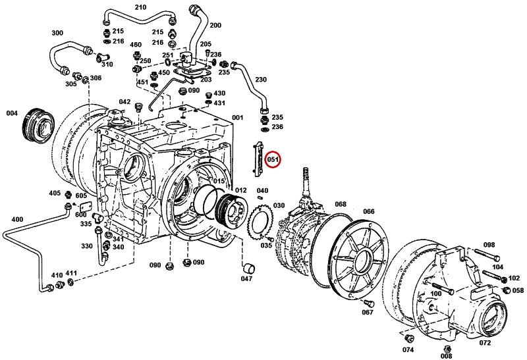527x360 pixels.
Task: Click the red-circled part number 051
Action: pos(273,159)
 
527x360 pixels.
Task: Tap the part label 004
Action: pos(12,113)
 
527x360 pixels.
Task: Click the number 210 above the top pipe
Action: pos(140,7)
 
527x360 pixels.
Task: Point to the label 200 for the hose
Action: pos(215,26)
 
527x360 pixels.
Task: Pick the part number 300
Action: pos(57,33)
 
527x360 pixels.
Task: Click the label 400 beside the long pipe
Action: pos(17,219)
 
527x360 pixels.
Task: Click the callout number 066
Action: pos(369,211)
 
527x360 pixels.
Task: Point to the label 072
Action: pos(485,343)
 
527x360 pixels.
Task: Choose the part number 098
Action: pos(488,245)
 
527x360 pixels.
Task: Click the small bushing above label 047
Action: pos(248,267)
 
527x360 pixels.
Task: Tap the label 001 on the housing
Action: pos(237,118)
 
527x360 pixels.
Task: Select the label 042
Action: pos(125,102)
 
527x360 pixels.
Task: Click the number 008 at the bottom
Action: pos(447,355)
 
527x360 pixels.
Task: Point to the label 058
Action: pos(518,290)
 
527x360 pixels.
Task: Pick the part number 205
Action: pos(206,44)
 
